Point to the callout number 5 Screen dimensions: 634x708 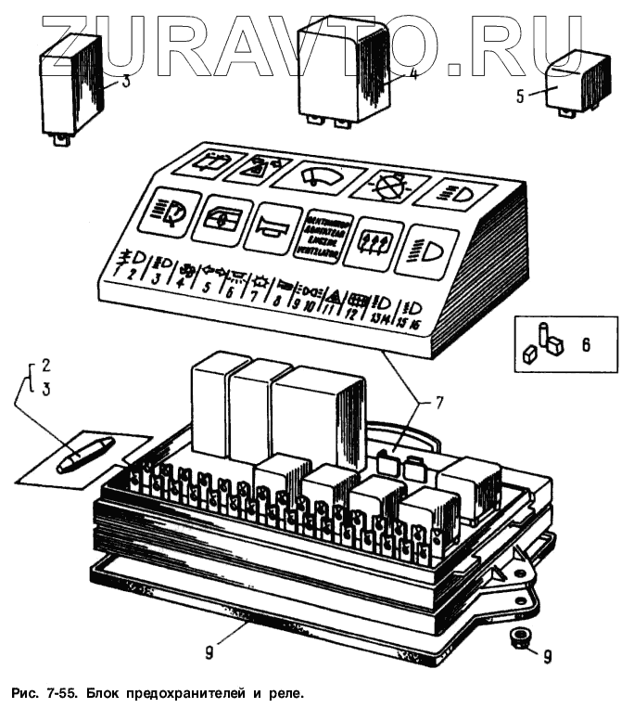519,96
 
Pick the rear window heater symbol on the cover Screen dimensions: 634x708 374,238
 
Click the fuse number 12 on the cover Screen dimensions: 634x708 351,314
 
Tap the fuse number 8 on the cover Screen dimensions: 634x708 275,300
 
